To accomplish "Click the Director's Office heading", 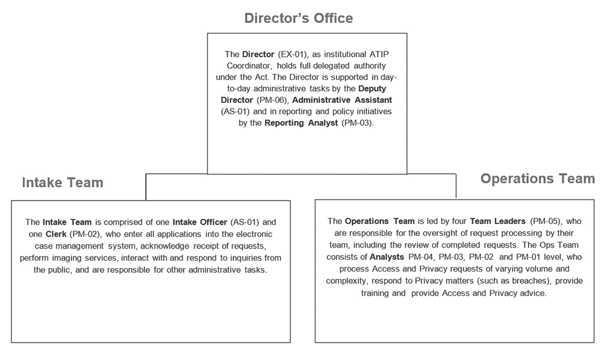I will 298,18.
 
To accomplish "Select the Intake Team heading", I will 62,183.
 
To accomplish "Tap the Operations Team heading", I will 537,178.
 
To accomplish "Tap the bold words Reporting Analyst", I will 301,123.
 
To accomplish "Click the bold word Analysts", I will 387,256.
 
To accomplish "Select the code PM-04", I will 420,256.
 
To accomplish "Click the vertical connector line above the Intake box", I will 146,187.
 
